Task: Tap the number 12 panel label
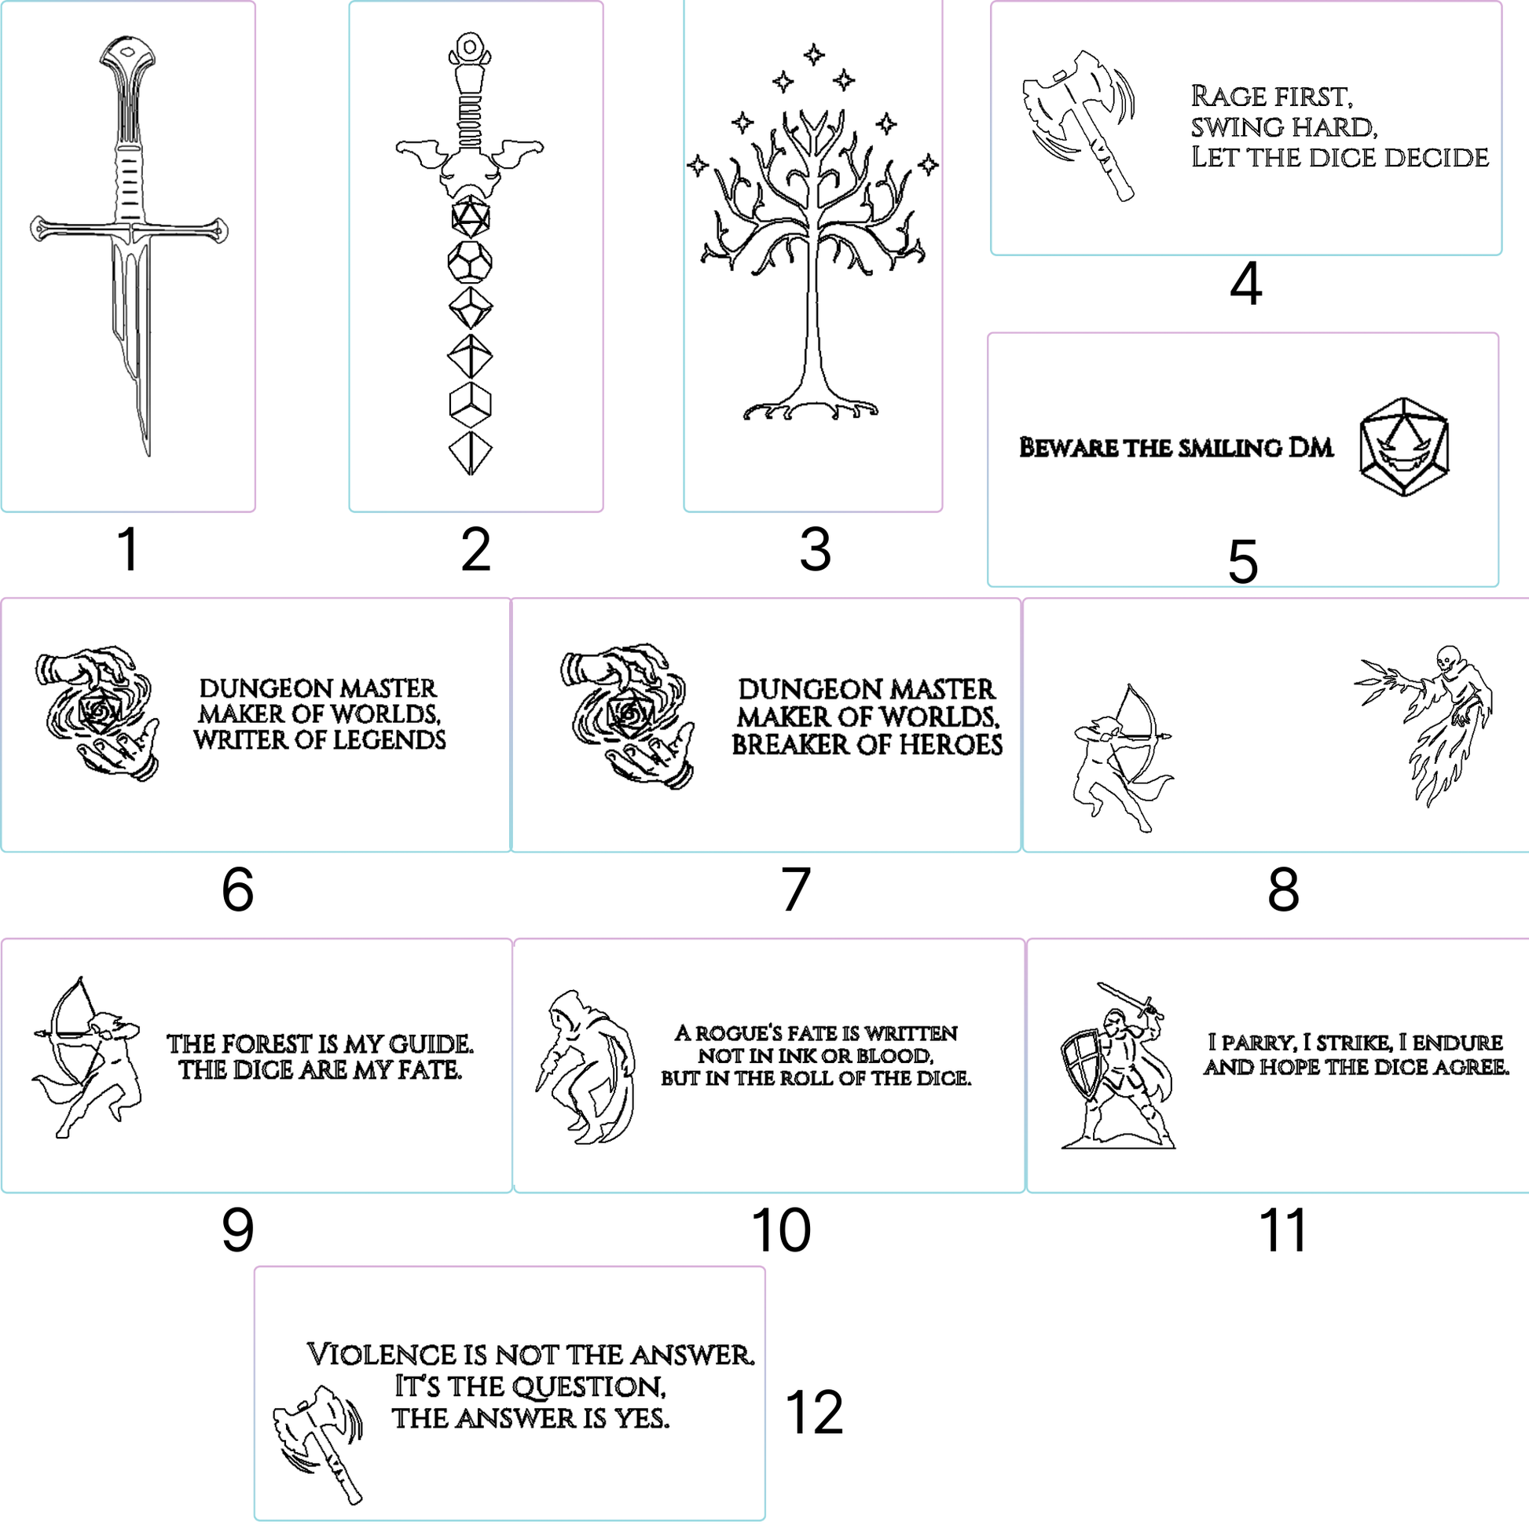pos(814,1413)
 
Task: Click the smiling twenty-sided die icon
pos(1404,447)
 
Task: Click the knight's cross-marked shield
pos(1080,1065)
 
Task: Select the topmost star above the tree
pos(813,55)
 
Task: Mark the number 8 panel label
pos(1283,889)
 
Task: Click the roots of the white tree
pos(810,409)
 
